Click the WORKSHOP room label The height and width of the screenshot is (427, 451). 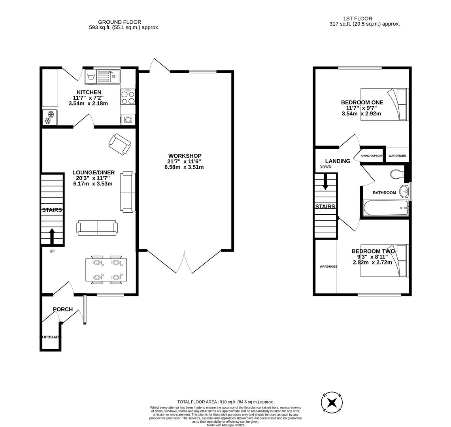(185, 156)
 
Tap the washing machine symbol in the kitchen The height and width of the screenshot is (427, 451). (91, 77)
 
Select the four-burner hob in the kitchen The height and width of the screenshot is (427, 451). (128, 97)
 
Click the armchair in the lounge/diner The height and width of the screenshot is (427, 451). (120, 144)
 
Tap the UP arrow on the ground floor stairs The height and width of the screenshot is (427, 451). (52, 236)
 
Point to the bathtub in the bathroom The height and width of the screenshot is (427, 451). (386, 208)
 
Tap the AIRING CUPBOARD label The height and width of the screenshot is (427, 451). (372, 156)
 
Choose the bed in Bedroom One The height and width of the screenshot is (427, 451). (385, 104)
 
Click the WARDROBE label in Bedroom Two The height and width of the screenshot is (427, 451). (328, 266)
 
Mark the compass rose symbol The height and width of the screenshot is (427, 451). (332, 402)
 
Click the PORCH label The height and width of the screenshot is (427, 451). (63, 309)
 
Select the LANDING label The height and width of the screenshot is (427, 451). (338, 161)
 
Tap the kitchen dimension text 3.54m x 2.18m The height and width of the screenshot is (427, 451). (88, 104)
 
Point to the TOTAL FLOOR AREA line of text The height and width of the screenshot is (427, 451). (225, 402)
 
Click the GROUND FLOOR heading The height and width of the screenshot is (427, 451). (120, 22)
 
